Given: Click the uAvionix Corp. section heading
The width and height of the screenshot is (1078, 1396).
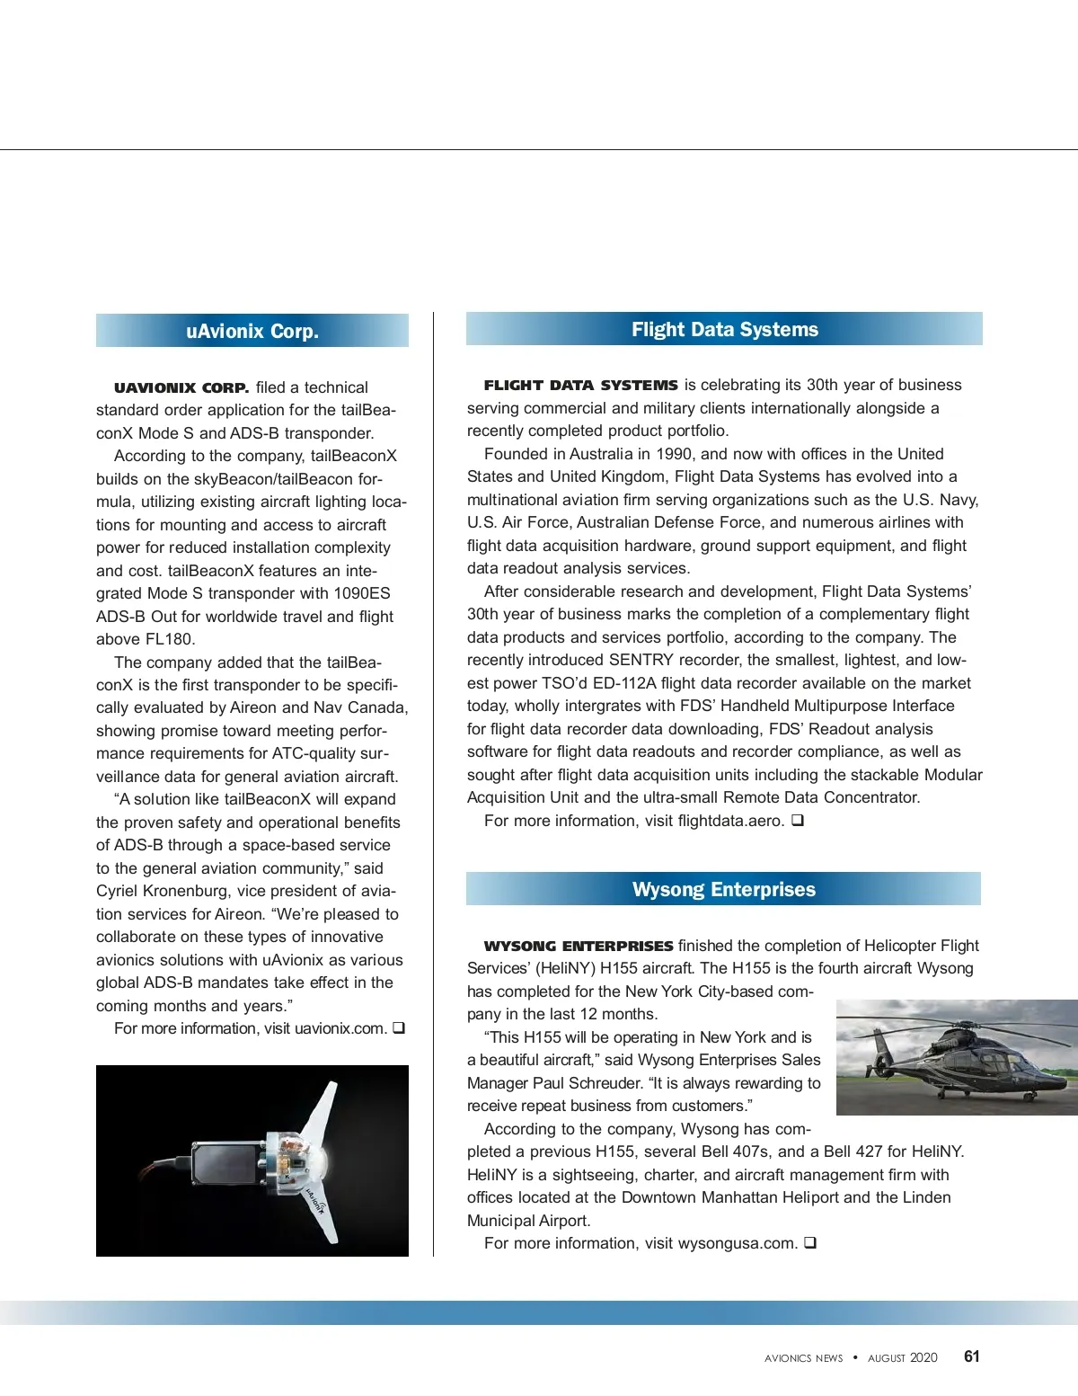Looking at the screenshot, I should click(x=252, y=331).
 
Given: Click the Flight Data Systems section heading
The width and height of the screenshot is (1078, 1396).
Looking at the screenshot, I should click(x=724, y=329).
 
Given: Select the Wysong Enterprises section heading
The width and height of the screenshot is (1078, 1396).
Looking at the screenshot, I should click(x=723, y=889).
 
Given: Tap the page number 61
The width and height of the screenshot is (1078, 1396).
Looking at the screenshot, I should click(x=971, y=1356).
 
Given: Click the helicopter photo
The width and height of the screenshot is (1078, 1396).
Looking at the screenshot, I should click(x=957, y=1057).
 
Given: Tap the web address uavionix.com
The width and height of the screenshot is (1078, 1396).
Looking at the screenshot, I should click(x=340, y=1028).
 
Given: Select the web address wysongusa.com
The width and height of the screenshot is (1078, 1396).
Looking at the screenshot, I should click(x=737, y=1243).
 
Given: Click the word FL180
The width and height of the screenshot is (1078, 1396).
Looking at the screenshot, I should click(x=168, y=639).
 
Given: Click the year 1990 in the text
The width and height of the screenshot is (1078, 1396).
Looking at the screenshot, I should click(x=674, y=454).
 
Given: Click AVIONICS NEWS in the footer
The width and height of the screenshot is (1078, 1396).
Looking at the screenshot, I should click(x=803, y=1358).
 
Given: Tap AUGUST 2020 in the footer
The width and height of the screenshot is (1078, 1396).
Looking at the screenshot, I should click(x=902, y=1358).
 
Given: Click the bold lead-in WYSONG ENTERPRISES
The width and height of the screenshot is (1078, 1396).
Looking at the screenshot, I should click(x=578, y=946).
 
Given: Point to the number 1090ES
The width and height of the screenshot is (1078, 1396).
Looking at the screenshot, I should click(x=361, y=593).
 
